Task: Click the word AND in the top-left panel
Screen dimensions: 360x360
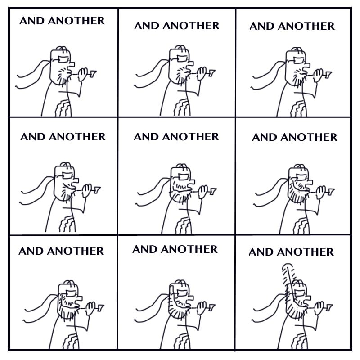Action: (x=32, y=21)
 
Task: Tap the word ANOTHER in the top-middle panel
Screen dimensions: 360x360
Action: (x=191, y=26)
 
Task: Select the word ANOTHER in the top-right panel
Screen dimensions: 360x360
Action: (x=306, y=26)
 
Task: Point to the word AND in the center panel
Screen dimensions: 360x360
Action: (x=146, y=137)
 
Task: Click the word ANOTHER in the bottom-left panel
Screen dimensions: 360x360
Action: (x=75, y=251)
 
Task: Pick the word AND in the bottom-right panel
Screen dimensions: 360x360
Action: (x=261, y=252)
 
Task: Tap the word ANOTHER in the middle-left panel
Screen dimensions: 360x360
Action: (x=77, y=137)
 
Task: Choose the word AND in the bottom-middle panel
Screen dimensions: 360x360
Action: (x=145, y=249)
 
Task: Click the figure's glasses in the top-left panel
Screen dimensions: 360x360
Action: (x=64, y=59)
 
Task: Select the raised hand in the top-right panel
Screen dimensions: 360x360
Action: (x=318, y=75)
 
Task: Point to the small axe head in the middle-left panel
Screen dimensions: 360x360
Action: (x=97, y=189)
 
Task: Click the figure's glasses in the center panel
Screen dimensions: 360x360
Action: (x=183, y=177)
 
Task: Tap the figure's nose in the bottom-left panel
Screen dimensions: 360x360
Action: (x=79, y=298)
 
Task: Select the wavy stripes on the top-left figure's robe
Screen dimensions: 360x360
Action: (x=63, y=108)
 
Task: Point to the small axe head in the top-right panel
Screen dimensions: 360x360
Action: (x=328, y=75)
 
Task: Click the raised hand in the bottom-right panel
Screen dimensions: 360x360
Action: (x=319, y=308)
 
